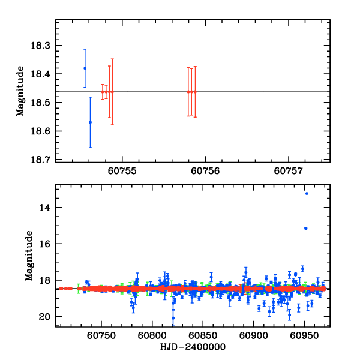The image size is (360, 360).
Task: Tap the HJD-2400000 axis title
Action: pyautogui.click(x=193, y=347)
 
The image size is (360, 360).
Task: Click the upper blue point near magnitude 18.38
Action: pyautogui.click(x=85, y=68)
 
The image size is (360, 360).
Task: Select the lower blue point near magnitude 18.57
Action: pyautogui.click(x=91, y=122)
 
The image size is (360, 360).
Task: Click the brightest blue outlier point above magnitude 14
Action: pyautogui.click(x=307, y=193)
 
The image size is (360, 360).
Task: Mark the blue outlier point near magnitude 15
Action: pyautogui.click(x=305, y=228)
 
